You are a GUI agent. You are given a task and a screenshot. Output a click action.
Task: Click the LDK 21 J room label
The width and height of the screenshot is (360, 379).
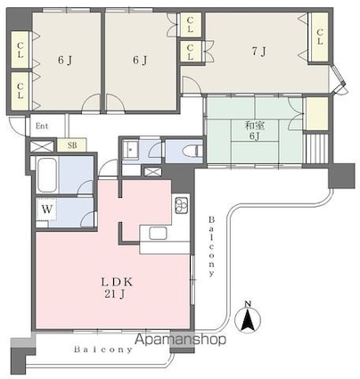click(118, 288)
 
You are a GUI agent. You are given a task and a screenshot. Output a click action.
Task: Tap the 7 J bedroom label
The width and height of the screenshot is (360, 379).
click(258, 52)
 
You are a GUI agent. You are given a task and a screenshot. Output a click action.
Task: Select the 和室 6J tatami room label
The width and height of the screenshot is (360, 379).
click(253, 131)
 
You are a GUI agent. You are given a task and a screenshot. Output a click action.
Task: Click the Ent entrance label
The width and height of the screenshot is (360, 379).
click(42, 126)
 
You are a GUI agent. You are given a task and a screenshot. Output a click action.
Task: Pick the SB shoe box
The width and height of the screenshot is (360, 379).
click(72, 145)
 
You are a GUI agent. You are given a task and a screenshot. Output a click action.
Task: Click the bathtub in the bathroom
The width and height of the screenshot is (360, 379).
click(47, 176)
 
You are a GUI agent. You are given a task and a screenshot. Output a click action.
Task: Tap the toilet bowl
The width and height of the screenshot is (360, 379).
click(192, 150)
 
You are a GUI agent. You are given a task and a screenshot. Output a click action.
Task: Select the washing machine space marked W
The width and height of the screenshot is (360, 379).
click(46, 210)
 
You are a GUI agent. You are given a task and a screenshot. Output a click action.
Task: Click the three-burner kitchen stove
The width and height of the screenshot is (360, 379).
click(182, 204)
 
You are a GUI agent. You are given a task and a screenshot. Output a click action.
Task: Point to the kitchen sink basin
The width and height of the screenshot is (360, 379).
click(158, 234)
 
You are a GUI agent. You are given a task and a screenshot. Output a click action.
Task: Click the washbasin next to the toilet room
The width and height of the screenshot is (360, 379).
click(131, 150)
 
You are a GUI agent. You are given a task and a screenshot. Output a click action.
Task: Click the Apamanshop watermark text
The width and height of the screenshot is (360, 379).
click(181, 339)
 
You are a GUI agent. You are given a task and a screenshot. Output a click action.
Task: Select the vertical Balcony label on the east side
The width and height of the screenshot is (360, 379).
click(211, 246)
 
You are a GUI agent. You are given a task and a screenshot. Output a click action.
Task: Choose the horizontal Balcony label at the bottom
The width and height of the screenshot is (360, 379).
click(103, 350)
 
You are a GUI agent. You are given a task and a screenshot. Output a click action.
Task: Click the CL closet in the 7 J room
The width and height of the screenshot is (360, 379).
click(319, 37)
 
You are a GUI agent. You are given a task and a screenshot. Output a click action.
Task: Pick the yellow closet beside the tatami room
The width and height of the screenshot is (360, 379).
click(317, 113)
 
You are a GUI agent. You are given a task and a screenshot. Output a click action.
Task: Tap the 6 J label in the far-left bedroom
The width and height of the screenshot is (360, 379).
click(65, 61)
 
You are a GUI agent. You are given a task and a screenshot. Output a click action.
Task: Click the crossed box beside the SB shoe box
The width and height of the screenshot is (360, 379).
click(42, 146)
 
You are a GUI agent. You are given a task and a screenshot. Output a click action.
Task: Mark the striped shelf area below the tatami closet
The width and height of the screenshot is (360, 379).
click(317, 149)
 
